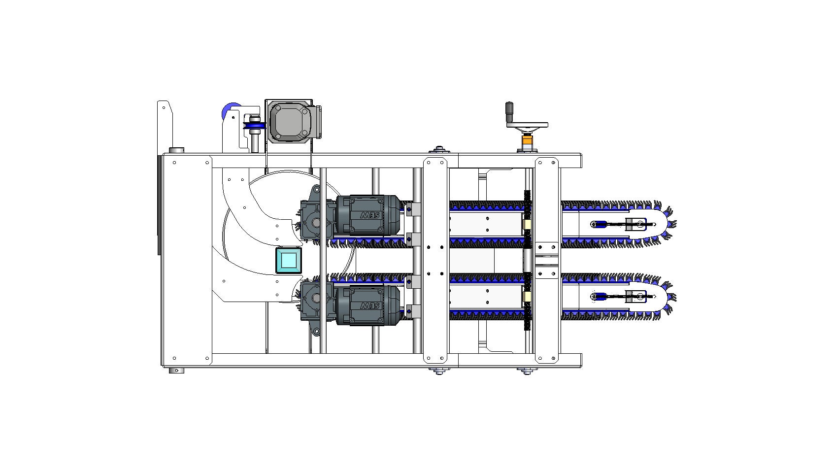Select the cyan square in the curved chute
tap(289, 260)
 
